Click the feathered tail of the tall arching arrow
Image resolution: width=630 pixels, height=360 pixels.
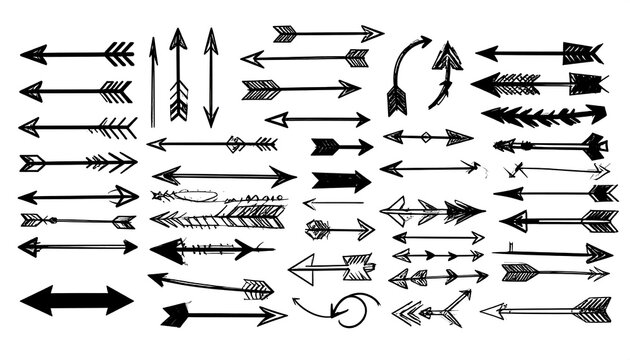pos(395,99)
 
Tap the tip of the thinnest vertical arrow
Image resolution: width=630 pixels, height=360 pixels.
pos(153,43)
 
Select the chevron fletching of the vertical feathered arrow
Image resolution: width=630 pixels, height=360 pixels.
pos(179,99)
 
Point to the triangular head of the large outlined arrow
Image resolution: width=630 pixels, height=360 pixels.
pos(303,267)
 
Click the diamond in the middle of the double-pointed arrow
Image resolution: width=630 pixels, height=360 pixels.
pos(423,136)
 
